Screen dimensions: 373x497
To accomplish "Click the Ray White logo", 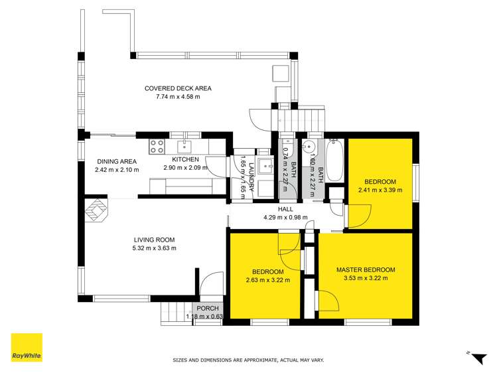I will click(x=27, y=348).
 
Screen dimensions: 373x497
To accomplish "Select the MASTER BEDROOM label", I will click(x=366, y=269).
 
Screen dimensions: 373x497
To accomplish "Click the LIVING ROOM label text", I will click(x=154, y=240).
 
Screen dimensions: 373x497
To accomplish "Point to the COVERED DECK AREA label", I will click(x=173, y=88).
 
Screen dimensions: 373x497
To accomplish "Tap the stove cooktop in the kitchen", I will click(x=157, y=145).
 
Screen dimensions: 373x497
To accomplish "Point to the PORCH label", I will click(x=202, y=309).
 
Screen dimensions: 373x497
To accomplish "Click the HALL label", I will click(x=285, y=208).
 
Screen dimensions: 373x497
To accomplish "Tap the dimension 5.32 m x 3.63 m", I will click(x=154, y=248).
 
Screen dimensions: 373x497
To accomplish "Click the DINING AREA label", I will click(x=117, y=161).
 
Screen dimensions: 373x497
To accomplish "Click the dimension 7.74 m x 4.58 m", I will click(x=173, y=97).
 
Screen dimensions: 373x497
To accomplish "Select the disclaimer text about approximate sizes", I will click(x=248, y=360).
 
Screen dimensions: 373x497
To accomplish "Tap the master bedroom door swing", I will click(x=328, y=300).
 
